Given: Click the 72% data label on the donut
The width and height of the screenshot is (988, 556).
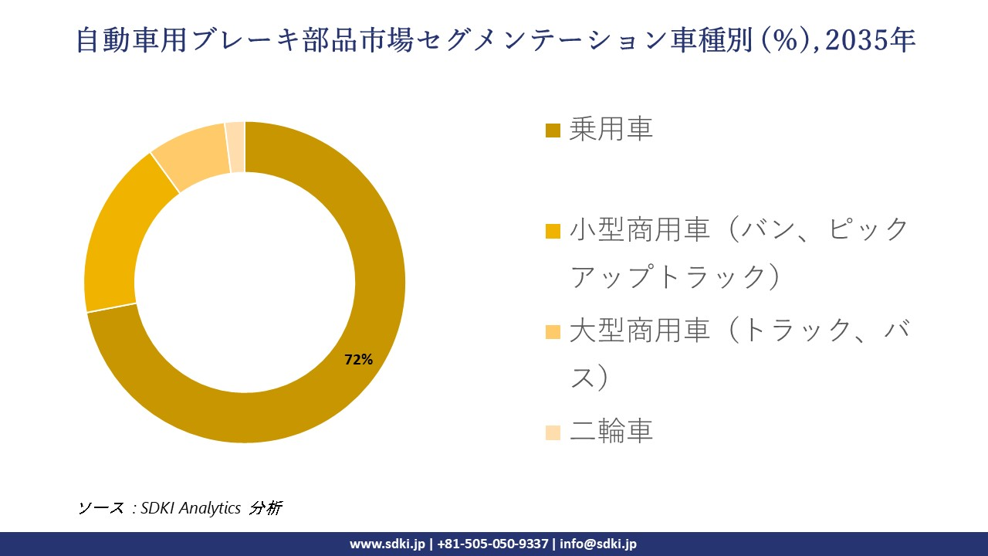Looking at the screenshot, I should click(358, 359).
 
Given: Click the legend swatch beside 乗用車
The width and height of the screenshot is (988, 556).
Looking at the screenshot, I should click(553, 130).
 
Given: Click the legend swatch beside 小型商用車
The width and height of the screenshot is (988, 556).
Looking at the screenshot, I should click(553, 230).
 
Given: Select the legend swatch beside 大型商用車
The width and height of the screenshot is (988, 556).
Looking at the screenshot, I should click(553, 332).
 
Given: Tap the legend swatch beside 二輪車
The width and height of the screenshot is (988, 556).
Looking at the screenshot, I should click(553, 432).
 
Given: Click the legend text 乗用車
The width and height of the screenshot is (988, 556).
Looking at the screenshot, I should click(611, 129).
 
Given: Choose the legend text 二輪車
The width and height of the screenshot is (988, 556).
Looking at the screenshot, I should click(611, 431).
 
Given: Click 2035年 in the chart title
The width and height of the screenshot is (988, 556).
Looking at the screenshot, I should click(870, 40).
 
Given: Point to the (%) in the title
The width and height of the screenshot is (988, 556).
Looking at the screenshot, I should click(787, 40).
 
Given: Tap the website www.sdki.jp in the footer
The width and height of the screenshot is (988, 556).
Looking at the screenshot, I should click(387, 544).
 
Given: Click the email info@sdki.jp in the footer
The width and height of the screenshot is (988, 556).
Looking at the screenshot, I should click(597, 544).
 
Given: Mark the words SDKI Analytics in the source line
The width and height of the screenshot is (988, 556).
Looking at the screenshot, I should click(191, 507).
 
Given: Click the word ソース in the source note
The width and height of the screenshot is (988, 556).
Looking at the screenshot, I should click(100, 507).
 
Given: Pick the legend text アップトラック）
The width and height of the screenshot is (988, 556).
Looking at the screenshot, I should click(675, 276).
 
